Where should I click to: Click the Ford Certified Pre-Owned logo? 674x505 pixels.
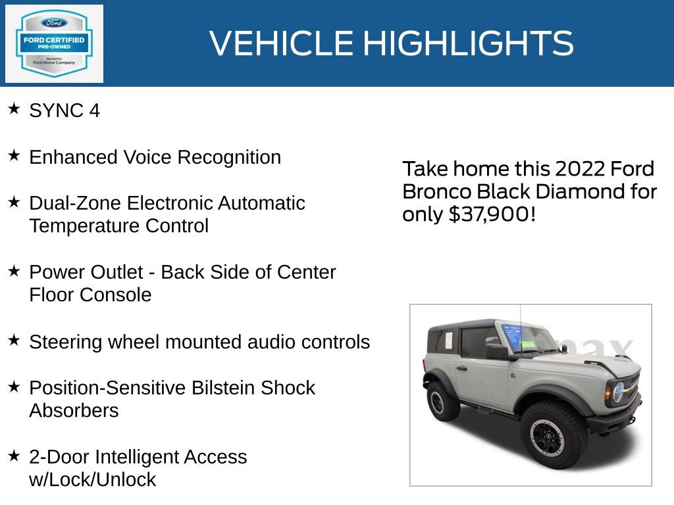54,43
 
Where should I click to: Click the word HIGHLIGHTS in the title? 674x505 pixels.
468,43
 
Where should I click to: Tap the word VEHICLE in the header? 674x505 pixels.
282,43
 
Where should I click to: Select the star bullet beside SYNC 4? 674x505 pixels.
14,109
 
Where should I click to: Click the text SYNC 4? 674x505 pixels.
65,110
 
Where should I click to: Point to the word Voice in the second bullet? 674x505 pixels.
147,157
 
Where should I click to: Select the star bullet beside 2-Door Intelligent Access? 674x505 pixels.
14,455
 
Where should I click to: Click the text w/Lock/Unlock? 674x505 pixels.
93,480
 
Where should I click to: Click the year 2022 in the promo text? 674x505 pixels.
580,169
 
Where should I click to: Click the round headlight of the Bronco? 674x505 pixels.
618,393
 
